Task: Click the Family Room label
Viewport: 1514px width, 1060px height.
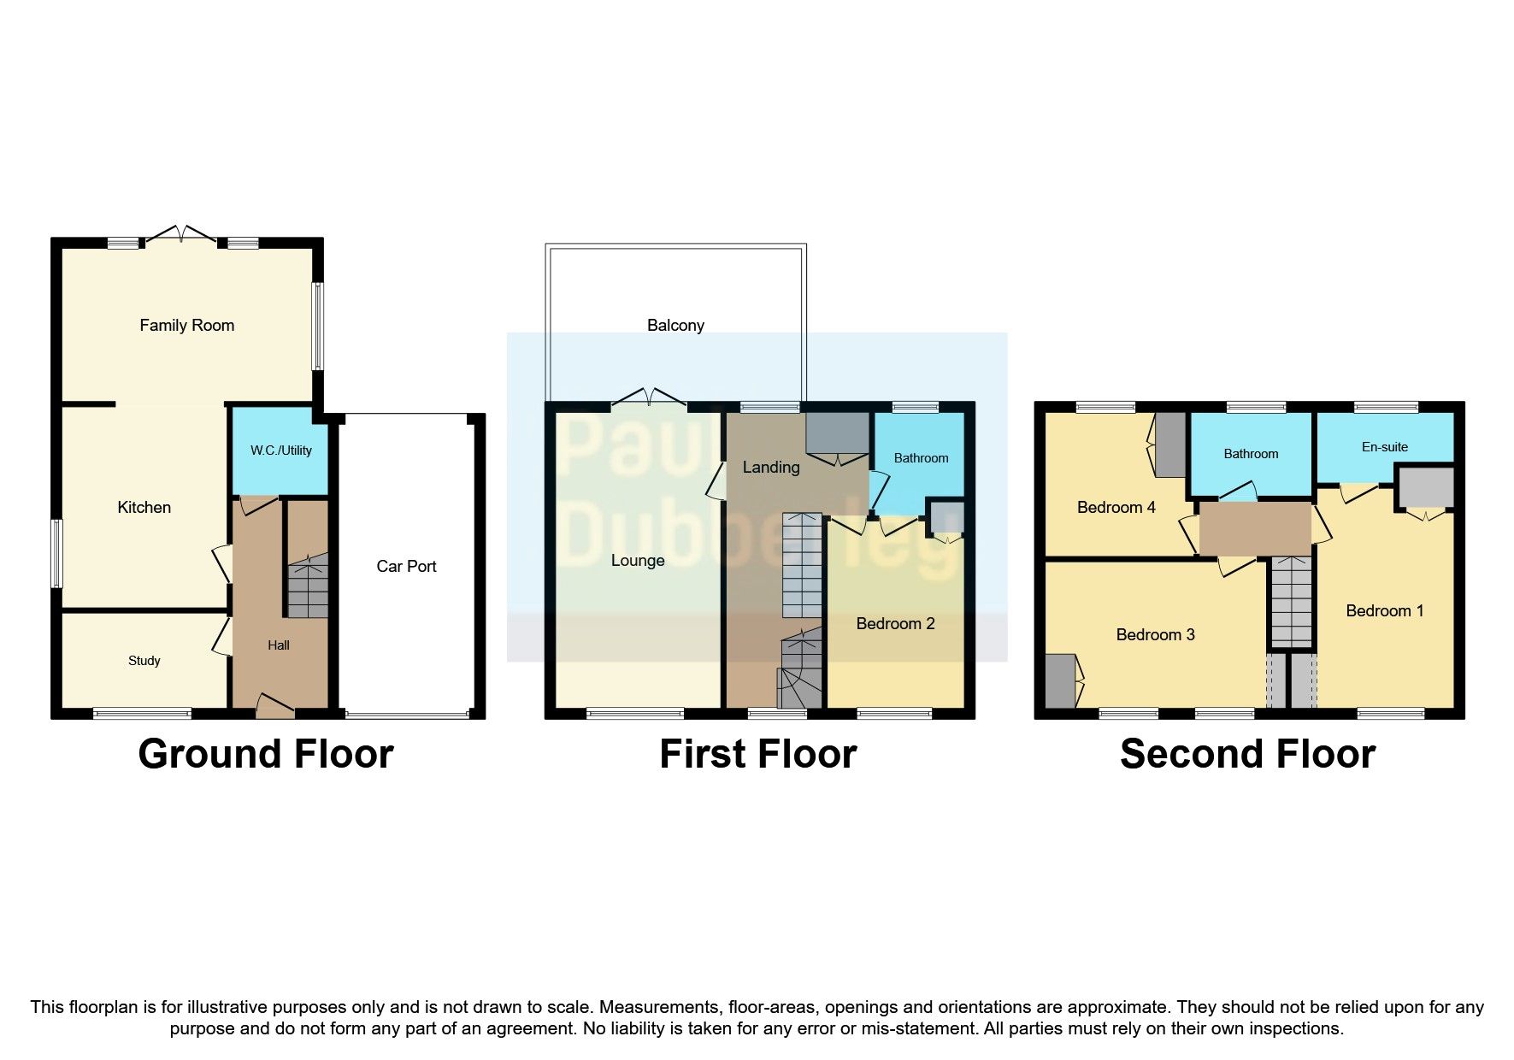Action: (x=186, y=325)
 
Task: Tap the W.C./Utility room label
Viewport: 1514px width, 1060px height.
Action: (x=280, y=450)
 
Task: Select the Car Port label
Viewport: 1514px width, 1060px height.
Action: (x=406, y=566)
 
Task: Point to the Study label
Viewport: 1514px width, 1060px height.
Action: (x=144, y=661)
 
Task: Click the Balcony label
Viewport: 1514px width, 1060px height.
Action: (x=675, y=325)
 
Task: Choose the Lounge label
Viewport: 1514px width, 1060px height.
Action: (x=638, y=561)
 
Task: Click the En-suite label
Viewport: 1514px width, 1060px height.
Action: (x=1384, y=447)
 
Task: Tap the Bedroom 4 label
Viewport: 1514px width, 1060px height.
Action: (x=1116, y=508)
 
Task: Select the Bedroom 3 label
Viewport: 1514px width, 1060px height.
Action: (x=1155, y=634)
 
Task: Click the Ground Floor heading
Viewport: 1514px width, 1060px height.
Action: (x=266, y=754)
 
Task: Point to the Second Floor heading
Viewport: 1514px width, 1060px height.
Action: (x=1247, y=754)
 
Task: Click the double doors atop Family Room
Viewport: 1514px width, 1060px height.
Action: (x=180, y=234)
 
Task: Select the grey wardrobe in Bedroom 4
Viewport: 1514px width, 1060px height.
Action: (x=1170, y=445)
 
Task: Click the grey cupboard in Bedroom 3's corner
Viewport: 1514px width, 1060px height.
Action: (x=1060, y=680)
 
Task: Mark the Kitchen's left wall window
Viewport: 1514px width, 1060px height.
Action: (x=56, y=553)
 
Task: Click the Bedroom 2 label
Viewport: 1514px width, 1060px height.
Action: (x=895, y=624)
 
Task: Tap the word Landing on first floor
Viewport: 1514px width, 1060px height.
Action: (x=770, y=467)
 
